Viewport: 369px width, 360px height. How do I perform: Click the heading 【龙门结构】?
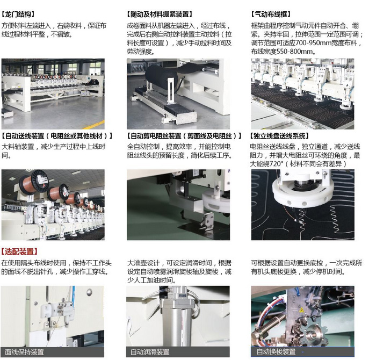tap(18, 15)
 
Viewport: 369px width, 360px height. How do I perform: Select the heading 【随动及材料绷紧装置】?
tap(160, 15)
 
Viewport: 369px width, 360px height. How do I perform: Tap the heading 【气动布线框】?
tap(271, 15)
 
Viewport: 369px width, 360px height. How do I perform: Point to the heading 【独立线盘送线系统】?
tap(279, 136)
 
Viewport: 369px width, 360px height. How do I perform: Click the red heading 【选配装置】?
tap(19, 251)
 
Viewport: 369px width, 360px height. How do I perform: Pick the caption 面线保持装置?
tap(25, 352)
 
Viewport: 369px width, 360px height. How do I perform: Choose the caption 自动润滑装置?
tap(150, 352)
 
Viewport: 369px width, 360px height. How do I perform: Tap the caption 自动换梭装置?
tap(276, 352)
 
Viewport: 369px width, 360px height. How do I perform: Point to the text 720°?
tap(276, 164)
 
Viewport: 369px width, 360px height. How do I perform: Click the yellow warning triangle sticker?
tap(301, 309)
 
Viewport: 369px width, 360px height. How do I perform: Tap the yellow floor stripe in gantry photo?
tap(93, 125)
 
